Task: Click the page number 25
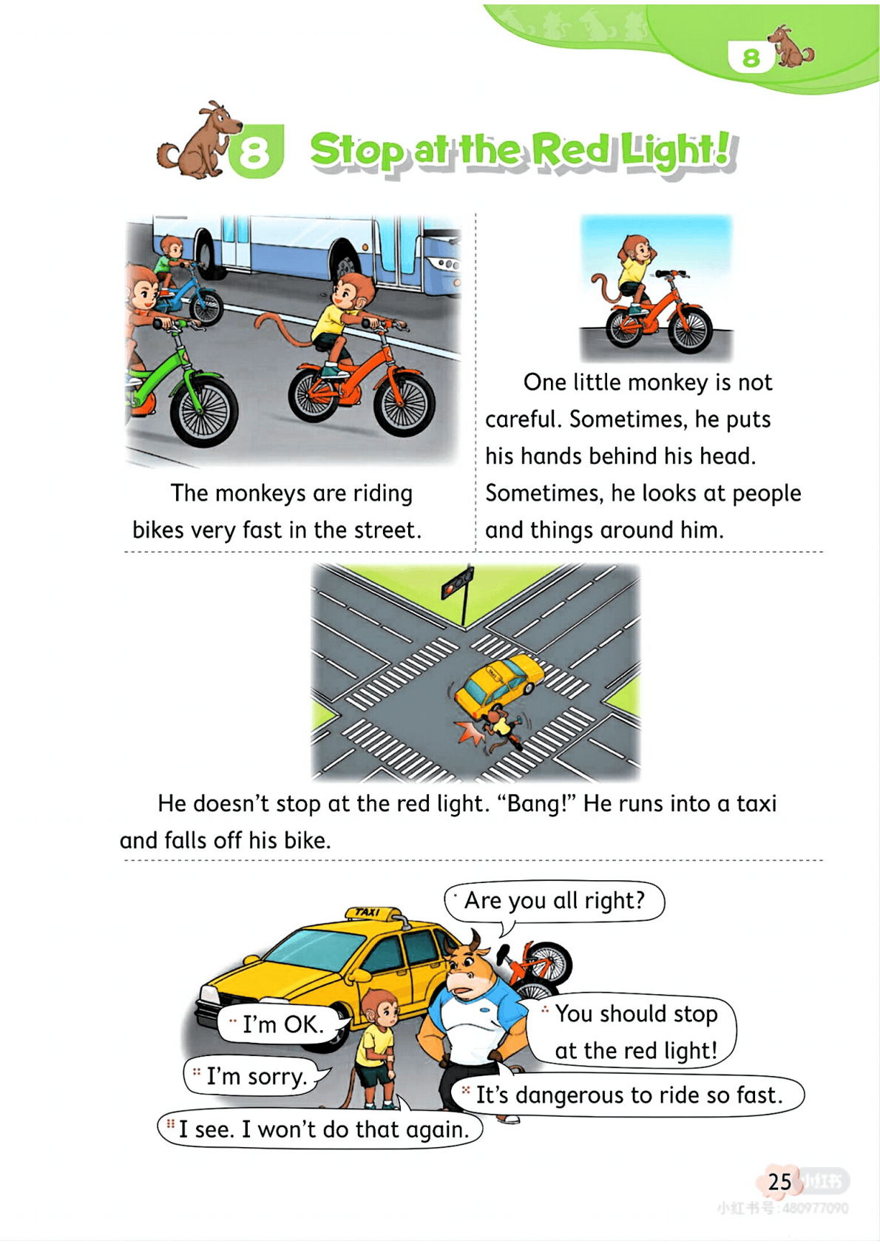(x=779, y=1181)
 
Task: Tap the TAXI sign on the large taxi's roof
(x=368, y=912)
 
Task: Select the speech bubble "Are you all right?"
(x=554, y=901)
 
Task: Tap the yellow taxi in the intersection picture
(x=499, y=684)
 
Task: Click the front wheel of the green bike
(x=204, y=411)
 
